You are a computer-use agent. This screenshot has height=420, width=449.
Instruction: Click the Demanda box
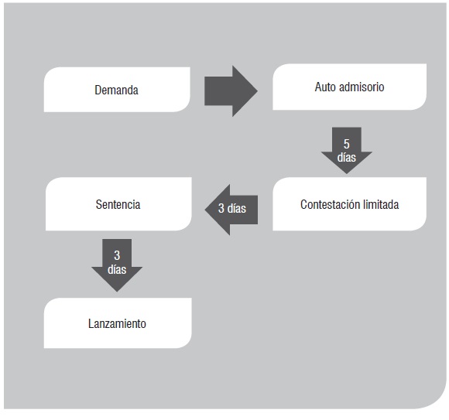point(117,90)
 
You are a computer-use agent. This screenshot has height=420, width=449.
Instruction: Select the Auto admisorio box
point(349,87)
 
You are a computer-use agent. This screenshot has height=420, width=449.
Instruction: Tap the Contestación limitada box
point(349,204)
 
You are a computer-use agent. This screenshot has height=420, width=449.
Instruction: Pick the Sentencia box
point(118,204)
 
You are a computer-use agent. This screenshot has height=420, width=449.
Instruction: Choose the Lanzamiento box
point(118,323)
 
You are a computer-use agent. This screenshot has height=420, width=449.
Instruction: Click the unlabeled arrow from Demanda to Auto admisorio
point(231,91)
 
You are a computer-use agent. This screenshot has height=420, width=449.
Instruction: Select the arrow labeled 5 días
point(347,151)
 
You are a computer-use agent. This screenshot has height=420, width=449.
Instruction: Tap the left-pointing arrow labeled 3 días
point(231,210)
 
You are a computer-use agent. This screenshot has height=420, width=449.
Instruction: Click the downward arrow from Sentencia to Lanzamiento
point(117,265)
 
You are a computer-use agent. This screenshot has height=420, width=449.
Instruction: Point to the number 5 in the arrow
point(347,144)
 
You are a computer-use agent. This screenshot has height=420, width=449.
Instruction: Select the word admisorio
point(362,87)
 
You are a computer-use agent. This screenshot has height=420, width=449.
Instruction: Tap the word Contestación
point(330,204)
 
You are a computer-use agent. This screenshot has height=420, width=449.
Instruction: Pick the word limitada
point(381,204)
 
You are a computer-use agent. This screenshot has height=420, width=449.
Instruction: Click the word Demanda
point(117,90)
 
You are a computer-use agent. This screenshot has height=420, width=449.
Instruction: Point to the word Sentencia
point(118,204)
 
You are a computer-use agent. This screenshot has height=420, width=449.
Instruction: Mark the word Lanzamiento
point(117,323)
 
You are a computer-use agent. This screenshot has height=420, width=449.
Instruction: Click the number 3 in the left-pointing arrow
point(221,208)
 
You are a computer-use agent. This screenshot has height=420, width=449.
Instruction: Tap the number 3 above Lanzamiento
point(117,255)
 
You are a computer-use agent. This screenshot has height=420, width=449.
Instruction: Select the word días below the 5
point(347,157)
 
